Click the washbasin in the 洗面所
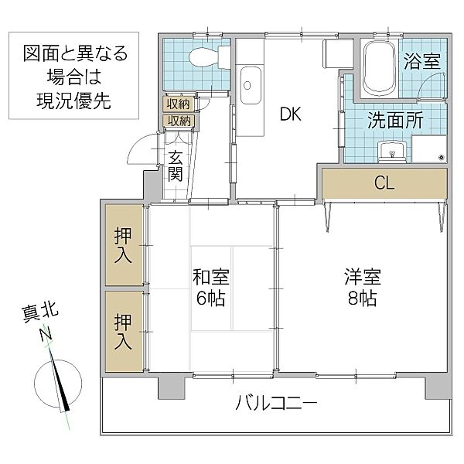[391, 152]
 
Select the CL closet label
[384, 183]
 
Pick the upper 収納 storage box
[179, 104]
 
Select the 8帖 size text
[361, 299]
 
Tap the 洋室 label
[361, 276]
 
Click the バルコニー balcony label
[276, 404]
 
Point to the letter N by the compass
[47, 334]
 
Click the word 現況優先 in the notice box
[68, 101]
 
